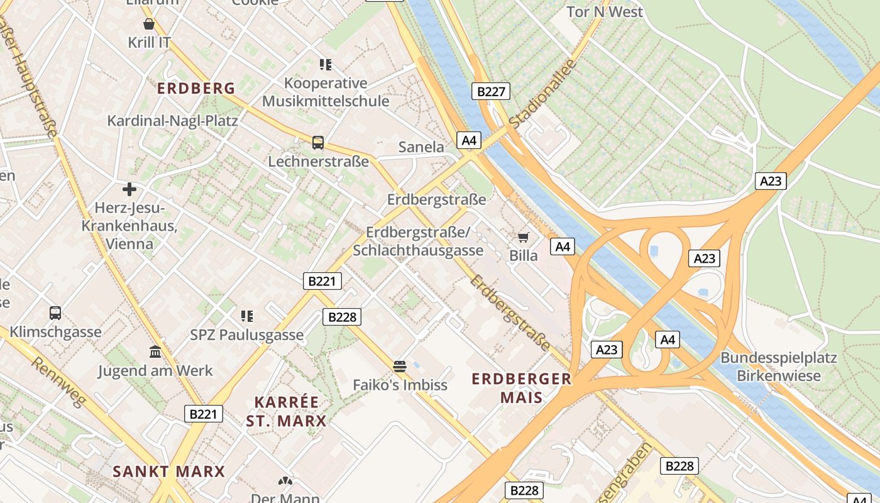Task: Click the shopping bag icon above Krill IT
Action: coord(149,25)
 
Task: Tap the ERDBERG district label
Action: coord(196,89)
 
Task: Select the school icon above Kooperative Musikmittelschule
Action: coord(325,64)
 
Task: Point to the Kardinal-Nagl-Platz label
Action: coord(172,121)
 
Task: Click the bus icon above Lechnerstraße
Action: coord(318,143)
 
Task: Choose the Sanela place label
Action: coord(421,147)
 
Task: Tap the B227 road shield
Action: coord(491,92)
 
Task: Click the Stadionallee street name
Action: coord(542,94)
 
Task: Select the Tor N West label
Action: coord(604,12)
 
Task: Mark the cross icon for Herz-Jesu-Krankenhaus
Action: coord(129,189)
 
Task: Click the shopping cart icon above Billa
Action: coord(523,237)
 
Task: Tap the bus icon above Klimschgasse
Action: coord(55,312)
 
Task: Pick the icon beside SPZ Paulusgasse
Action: coord(247,316)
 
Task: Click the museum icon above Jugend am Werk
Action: coord(155,351)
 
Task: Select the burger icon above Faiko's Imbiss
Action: coord(400,366)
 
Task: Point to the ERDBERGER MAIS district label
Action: coord(522,388)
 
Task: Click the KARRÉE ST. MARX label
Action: coord(286,411)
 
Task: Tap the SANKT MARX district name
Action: coord(168,472)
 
